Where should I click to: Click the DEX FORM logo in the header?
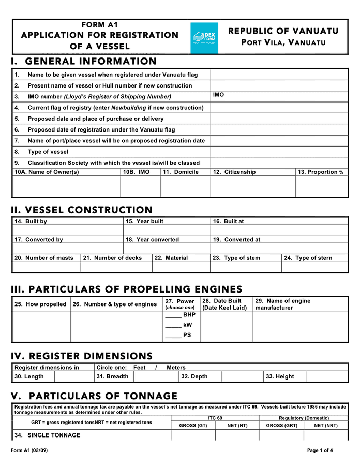click(x=204, y=38)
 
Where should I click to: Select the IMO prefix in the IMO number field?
click(x=218, y=95)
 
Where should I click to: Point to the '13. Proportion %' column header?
click(x=320, y=172)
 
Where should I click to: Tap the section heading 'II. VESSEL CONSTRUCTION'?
click(x=82, y=210)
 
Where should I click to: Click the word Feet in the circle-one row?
click(x=139, y=368)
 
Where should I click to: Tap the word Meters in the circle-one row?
click(x=176, y=368)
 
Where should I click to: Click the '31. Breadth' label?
click(x=112, y=377)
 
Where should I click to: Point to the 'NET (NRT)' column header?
click(x=326, y=425)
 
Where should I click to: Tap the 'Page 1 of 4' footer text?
click(x=320, y=450)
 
